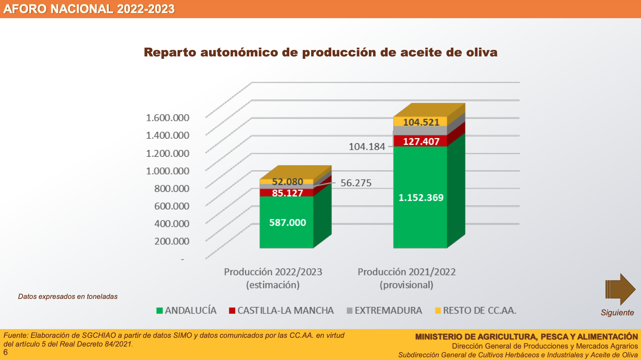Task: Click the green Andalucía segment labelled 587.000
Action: pos(287,222)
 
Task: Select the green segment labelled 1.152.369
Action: pos(421,197)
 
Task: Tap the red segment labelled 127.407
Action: pos(421,141)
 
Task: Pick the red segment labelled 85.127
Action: pos(287,193)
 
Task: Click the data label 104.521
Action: pos(421,122)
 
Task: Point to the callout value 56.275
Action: pos(356,183)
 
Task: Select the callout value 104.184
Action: pos(367,147)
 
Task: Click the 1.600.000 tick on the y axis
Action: pos(167,118)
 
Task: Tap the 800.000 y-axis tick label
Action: pos(171,188)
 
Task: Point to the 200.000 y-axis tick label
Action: pos(171,241)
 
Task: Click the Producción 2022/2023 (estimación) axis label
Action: pos(273,278)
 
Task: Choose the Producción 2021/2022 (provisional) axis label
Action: pos(406,278)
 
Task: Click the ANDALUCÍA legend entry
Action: pos(187,310)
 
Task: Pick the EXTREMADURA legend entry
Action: pos(384,310)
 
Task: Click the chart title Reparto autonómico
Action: pos(320,52)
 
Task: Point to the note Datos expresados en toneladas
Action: pos(68,297)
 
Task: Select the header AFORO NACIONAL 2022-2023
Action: pos(89,9)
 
